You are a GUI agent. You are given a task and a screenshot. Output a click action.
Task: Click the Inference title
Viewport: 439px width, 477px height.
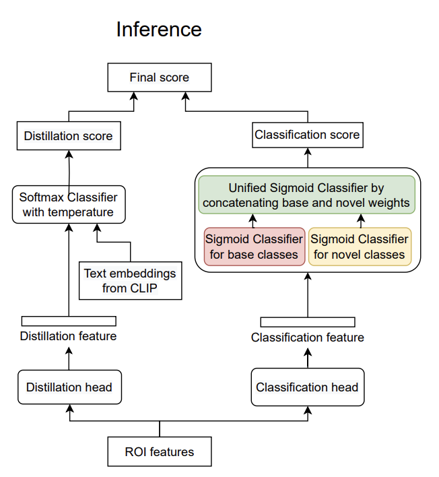click(159, 30)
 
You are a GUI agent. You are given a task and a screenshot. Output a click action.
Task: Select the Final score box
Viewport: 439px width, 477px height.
click(160, 77)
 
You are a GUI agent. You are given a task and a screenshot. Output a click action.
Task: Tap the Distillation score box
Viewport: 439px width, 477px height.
click(69, 135)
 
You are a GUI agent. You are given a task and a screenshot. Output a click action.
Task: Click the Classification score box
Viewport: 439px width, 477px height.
click(308, 135)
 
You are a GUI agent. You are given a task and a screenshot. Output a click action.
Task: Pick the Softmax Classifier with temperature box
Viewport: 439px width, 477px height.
click(69, 204)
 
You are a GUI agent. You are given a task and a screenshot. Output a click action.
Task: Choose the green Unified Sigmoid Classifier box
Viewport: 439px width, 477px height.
click(307, 195)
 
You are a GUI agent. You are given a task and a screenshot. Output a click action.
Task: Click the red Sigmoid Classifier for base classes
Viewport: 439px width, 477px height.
click(254, 247)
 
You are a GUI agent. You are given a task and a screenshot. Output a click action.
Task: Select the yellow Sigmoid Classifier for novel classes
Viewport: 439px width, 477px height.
click(360, 247)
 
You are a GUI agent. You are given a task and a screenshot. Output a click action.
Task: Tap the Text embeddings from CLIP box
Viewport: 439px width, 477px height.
click(131, 280)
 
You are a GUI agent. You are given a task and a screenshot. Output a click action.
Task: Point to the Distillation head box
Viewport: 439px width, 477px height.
click(69, 387)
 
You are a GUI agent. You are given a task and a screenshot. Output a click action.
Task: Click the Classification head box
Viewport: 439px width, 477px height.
click(308, 387)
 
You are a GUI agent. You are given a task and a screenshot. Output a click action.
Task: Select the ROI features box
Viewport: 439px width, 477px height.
click(160, 451)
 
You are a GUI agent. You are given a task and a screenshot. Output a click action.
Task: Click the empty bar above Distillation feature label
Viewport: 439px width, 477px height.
click(69, 321)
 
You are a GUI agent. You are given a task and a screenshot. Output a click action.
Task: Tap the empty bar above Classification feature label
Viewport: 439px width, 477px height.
click(308, 322)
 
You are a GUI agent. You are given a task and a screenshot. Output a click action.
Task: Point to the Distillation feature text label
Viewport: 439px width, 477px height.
click(69, 336)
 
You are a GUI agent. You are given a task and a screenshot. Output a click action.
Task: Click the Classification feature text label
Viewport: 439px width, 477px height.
click(308, 338)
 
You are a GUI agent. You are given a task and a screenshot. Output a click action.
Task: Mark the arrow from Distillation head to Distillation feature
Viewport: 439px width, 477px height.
click(69, 358)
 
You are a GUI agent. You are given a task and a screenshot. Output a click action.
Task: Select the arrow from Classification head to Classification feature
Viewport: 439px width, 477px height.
click(308, 358)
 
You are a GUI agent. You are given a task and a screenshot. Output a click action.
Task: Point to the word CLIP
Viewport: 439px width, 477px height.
click(143, 288)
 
